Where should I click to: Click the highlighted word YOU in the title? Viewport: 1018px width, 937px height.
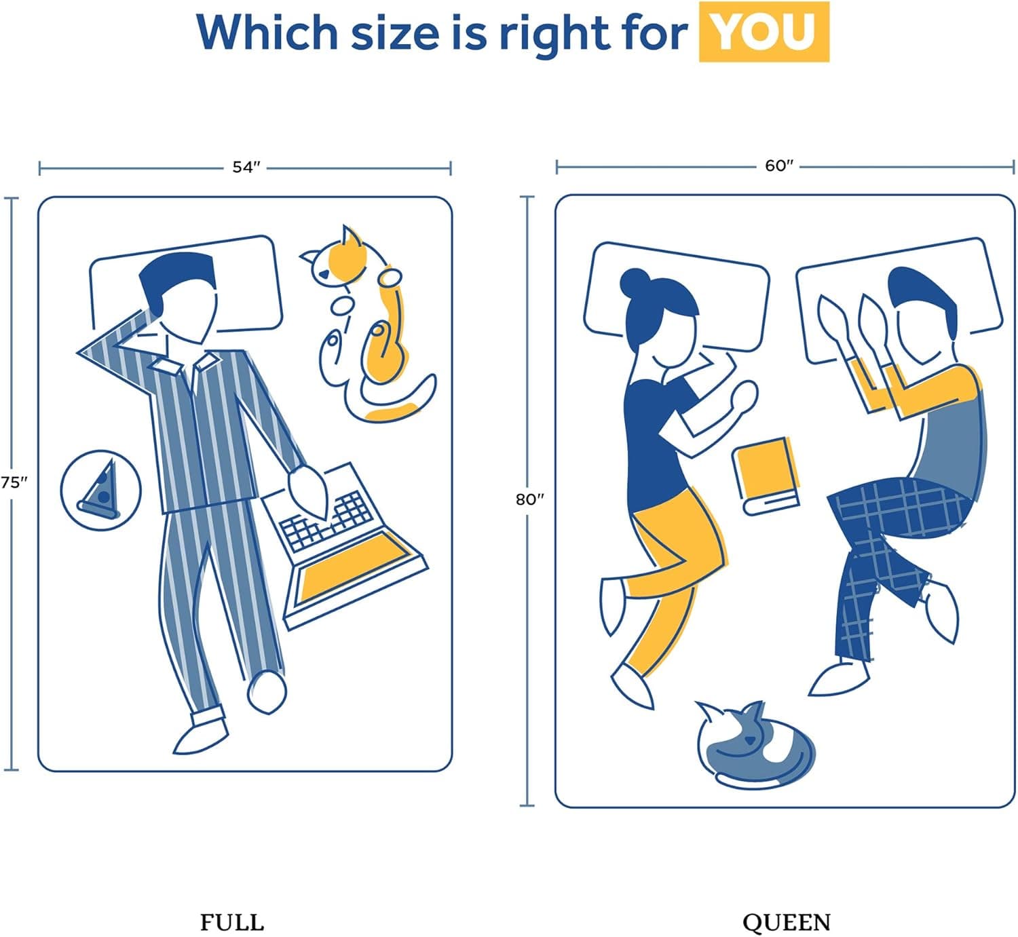click(x=763, y=33)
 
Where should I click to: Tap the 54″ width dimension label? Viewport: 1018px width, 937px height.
click(x=246, y=167)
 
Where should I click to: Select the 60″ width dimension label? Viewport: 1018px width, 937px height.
click(x=779, y=166)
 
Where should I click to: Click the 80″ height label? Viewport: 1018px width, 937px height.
click(x=529, y=499)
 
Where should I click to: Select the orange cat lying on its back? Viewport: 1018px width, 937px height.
click(x=365, y=325)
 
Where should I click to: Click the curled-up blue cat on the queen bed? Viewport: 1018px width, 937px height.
click(x=753, y=745)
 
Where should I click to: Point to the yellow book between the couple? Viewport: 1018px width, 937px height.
click(x=766, y=475)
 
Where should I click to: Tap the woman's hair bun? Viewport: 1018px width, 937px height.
click(x=633, y=282)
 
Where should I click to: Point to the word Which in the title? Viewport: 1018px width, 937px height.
click(x=267, y=31)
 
